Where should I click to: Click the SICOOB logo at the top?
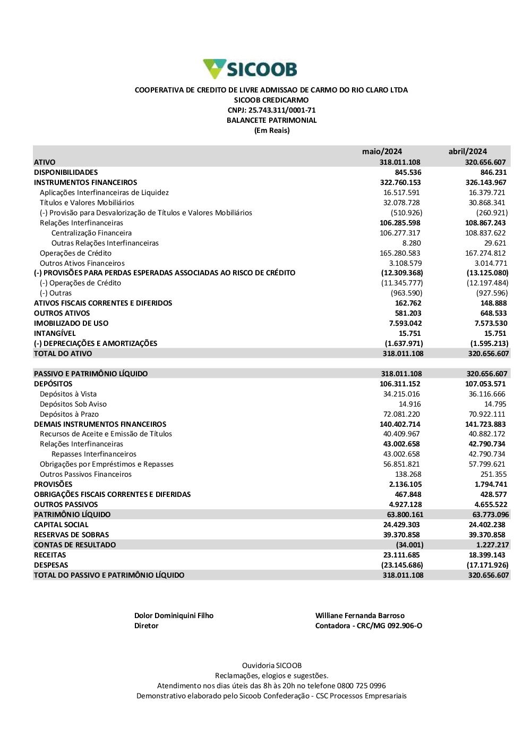click(250, 69)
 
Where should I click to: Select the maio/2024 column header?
click(382, 151)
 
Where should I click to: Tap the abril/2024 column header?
click(467, 151)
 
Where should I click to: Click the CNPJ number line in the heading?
click(271, 110)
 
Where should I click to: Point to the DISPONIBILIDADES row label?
click(66, 172)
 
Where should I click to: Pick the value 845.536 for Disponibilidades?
click(408, 172)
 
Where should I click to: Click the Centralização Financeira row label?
click(91, 233)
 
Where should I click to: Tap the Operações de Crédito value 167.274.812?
click(485, 253)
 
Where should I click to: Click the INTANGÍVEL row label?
click(55, 333)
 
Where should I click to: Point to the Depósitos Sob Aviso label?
click(73, 404)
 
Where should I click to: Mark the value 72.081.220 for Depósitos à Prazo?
click(401, 414)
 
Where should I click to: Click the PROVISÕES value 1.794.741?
click(491, 484)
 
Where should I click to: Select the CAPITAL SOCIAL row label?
click(61, 525)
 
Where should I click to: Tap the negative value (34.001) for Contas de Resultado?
click(409, 545)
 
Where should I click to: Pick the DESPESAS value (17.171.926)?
click(487, 565)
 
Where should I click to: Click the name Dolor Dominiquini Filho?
click(174, 615)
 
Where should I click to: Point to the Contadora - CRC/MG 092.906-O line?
click(369, 626)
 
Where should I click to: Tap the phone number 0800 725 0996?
click(361, 686)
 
